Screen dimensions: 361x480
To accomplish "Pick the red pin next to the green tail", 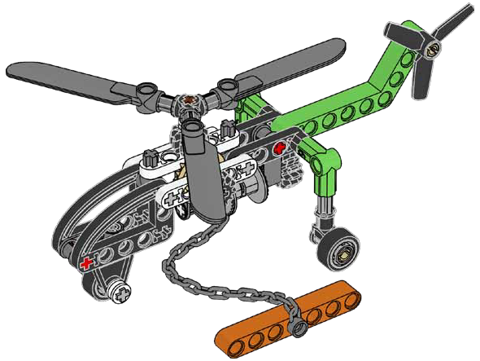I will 281,148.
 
